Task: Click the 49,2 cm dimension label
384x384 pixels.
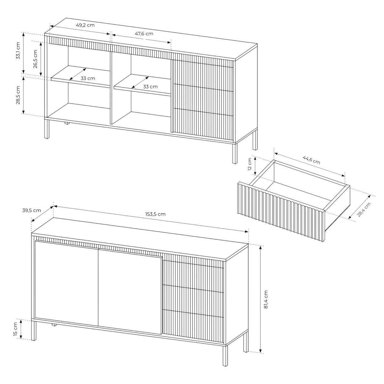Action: click(x=85, y=25)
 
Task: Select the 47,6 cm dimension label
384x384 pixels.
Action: click(x=144, y=34)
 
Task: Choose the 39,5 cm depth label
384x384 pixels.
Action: click(x=32, y=210)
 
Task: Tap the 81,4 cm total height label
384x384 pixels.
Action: click(x=266, y=299)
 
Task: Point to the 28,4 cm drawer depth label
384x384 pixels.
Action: click(x=364, y=210)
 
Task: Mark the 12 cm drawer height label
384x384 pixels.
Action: click(x=250, y=165)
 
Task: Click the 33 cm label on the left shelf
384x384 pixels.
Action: click(x=88, y=78)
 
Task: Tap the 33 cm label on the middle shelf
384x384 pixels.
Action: click(x=150, y=86)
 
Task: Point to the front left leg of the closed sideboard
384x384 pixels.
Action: click(x=34, y=330)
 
